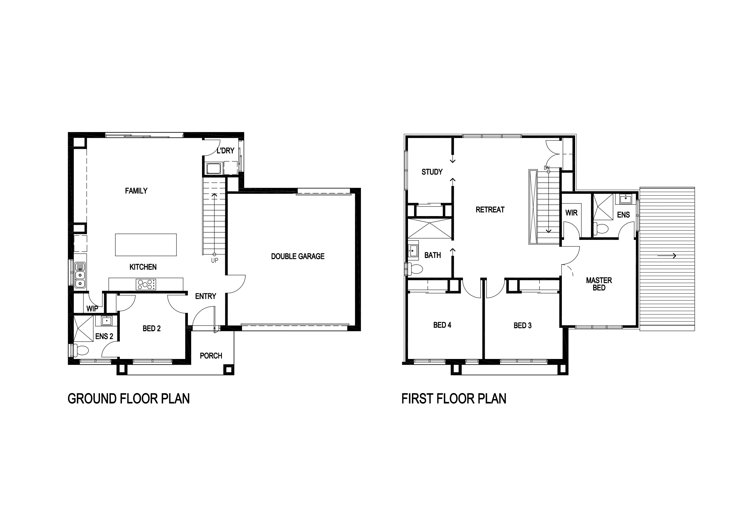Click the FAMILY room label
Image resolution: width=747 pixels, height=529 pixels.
pos(136,191)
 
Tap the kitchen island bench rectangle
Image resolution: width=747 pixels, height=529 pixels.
pos(146,245)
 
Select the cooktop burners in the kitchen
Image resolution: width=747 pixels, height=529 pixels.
pos(146,284)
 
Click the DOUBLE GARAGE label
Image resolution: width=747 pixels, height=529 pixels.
pos(298,256)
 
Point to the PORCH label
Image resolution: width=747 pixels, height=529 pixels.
pos(211,356)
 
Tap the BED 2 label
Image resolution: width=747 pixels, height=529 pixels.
pos(152,328)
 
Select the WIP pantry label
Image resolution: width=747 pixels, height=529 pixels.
pos(92,308)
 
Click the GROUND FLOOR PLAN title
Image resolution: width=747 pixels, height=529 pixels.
pos(129,399)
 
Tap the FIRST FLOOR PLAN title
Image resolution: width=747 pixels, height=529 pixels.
pos(453,399)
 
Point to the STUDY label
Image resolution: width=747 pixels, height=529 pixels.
pos(432,172)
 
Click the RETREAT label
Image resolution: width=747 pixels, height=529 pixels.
pos(490,210)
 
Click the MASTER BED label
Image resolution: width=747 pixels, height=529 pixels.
pos(599,284)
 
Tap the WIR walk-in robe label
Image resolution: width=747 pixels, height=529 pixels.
pos(571,213)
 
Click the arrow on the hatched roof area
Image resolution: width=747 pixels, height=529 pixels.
pos(667,256)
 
